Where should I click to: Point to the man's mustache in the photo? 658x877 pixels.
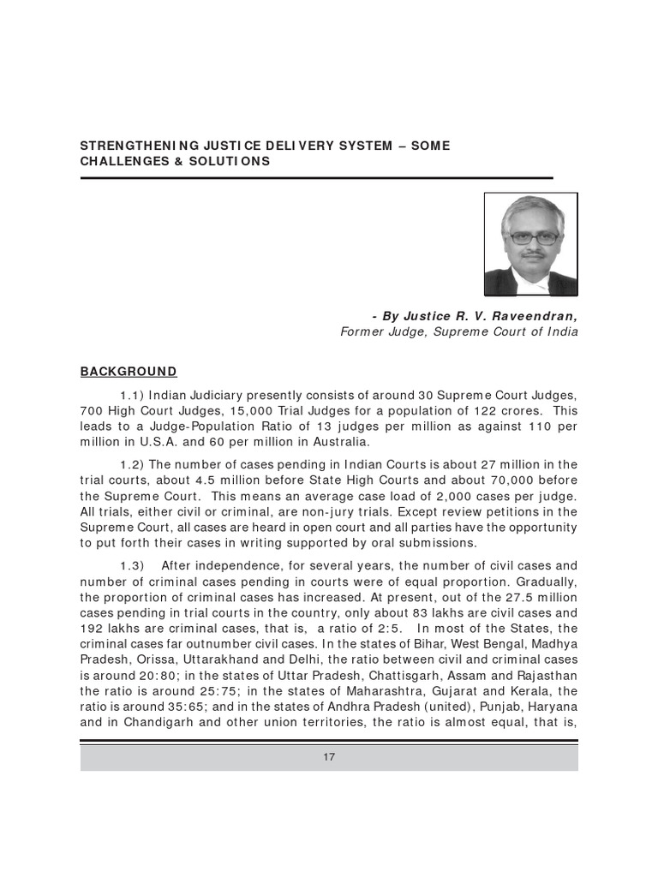click(x=532, y=255)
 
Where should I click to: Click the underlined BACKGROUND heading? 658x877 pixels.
click(x=129, y=371)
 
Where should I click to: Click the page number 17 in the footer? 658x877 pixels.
click(x=329, y=757)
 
